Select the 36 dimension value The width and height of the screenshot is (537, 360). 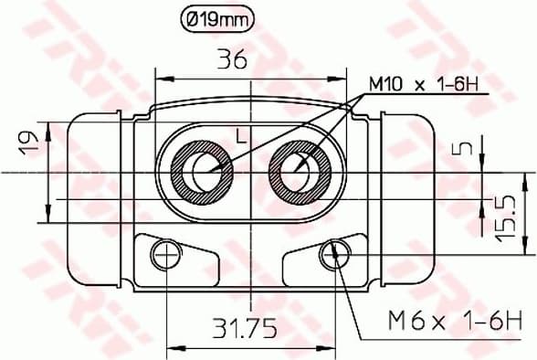(x=231, y=59)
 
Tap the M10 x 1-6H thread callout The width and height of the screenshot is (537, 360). (x=424, y=86)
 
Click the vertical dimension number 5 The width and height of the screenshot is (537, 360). (x=467, y=147)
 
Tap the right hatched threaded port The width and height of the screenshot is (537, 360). (x=300, y=171)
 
